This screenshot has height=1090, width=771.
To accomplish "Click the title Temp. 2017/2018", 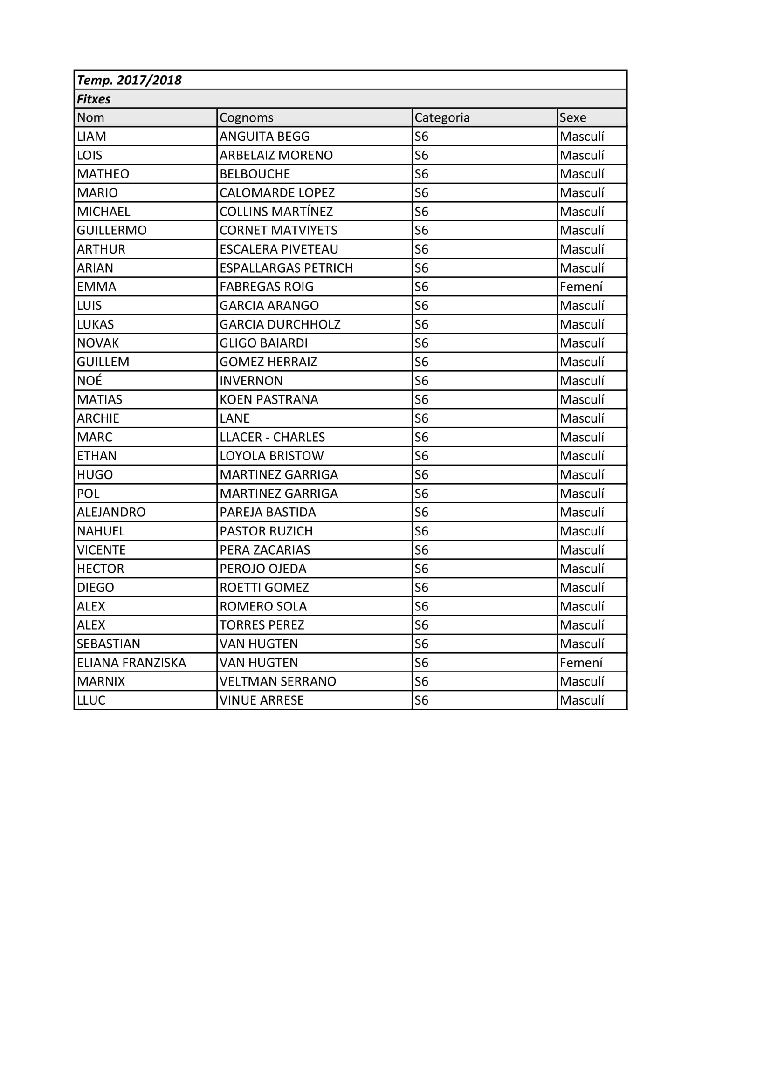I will tap(129, 80).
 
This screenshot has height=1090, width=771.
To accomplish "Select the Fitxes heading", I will tap(94, 99).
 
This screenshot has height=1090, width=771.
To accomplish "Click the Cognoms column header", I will tap(247, 118).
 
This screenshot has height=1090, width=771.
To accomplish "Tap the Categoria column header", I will tap(442, 118).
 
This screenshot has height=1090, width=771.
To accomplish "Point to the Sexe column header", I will tap(572, 118).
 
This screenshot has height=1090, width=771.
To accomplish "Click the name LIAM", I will tap(92, 137).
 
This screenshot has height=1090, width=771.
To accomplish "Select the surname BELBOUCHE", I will tap(255, 174).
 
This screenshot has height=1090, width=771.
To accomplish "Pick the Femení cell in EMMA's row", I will tap(581, 287).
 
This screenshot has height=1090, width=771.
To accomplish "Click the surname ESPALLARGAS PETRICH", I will tap(286, 268).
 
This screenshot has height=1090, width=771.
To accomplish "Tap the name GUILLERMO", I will tap(112, 231).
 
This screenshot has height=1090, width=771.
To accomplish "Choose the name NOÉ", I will tap(89, 381).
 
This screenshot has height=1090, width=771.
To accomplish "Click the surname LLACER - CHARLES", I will tap(272, 437).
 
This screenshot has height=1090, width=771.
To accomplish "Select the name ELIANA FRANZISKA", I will tap(131, 663).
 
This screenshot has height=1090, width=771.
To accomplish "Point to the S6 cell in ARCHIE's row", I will tap(421, 418).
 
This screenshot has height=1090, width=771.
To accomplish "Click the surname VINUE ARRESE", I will tap(262, 700).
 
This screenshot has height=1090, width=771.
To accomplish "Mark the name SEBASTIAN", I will tap(109, 644).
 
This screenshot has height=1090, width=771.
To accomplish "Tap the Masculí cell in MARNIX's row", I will tap(582, 682).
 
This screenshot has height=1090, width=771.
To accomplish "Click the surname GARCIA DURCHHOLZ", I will tap(280, 325).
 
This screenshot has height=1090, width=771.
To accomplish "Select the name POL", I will tap(88, 494).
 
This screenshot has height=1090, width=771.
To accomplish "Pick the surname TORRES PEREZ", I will tap(262, 625).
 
